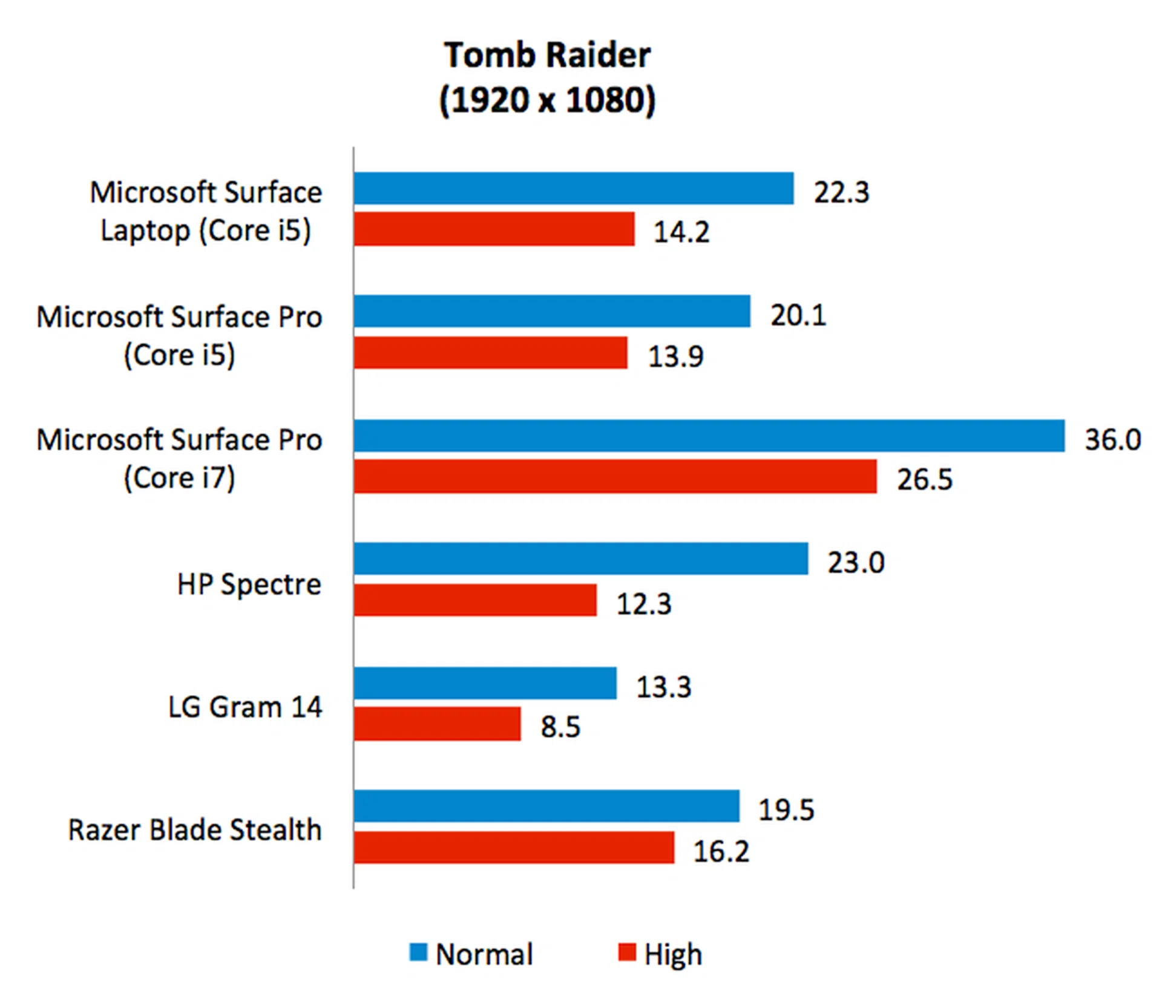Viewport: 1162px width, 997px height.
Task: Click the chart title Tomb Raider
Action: click(x=547, y=55)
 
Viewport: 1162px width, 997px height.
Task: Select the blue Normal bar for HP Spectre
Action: click(x=581, y=558)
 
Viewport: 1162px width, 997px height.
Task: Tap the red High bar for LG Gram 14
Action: click(x=437, y=724)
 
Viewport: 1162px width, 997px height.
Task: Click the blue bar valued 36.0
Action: click(x=709, y=436)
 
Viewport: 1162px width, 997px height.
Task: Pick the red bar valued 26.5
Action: click(x=615, y=476)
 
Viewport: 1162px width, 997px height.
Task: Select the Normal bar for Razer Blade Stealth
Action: click(x=547, y=806)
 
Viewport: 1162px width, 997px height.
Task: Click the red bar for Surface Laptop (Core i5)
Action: click(x=494, y=229)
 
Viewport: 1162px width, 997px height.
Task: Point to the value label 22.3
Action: click(x=841, y=192)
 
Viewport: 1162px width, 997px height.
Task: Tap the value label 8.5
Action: click(x=560, y=726)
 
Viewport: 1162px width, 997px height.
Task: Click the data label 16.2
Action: click(x=721, y=851)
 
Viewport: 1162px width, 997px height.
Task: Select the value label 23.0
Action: click(x=856, y=563)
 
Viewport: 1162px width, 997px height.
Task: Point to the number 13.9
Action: click(x=675, y=356)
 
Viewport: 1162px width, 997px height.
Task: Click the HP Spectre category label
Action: click(x=249, y=584)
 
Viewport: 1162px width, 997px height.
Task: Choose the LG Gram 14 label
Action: click(x=245, y=707)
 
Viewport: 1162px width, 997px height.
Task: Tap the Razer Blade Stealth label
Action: click(x=194, y=829)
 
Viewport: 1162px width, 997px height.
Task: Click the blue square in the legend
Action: click(x=418, y=952)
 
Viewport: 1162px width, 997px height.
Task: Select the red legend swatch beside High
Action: click(x=627, y=952)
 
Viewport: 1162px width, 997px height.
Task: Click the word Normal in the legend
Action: click(x=484, y=954)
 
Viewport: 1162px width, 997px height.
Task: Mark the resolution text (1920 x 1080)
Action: click(x=547, y=100)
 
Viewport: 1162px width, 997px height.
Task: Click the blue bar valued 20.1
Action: click(x=552, y=312)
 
